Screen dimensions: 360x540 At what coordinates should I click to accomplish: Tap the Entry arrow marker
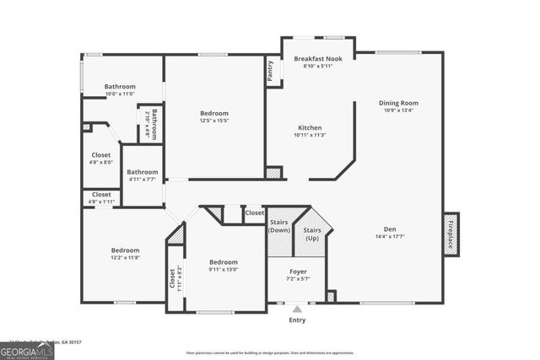[x=297, y=309]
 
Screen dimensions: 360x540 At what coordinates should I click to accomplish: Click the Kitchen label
[x=310, y=128]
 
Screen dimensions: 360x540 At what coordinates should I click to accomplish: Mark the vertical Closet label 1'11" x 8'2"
[x=173, y=279]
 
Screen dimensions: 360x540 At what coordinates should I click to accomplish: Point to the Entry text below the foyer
[x=297, y=320]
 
